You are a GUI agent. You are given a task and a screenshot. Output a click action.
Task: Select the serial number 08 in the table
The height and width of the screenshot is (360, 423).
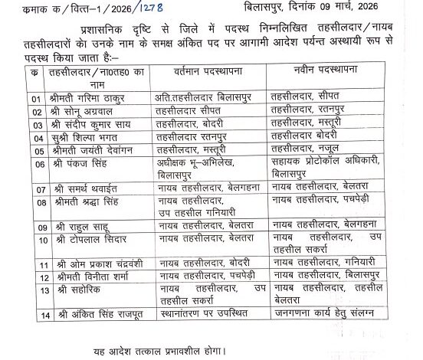coord(13,201)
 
